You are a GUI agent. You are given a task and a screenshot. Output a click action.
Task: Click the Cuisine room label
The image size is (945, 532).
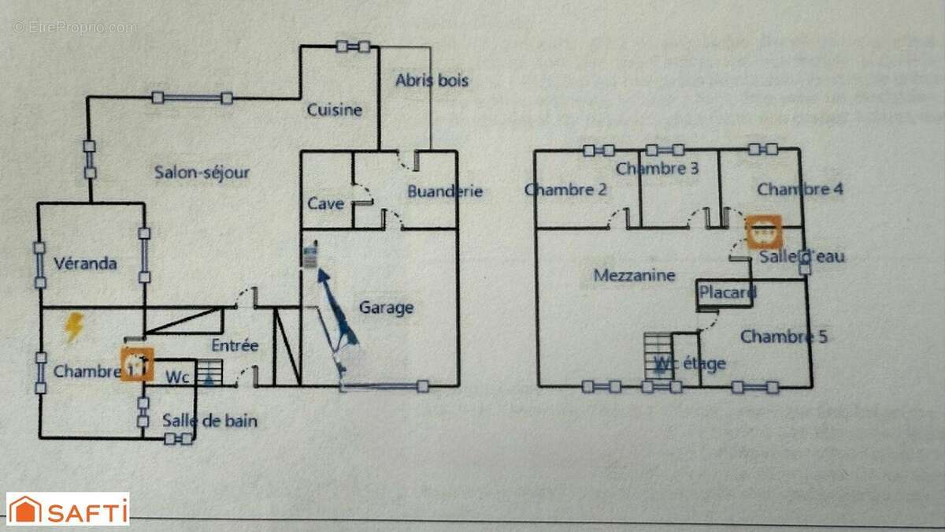coord(335,110)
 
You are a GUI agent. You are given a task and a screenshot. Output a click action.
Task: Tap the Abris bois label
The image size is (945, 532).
coord(432,80)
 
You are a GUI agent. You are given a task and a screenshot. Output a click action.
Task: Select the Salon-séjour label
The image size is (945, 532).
coord(202,173)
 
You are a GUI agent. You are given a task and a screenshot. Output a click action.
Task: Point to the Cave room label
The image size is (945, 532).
coord(325,203)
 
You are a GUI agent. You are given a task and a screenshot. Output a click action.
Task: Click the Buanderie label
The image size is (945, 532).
coord(445,192)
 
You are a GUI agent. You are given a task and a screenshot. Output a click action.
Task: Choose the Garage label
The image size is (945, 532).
coord(386,307)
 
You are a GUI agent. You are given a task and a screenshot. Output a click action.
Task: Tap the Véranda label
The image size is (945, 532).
coord(85,263)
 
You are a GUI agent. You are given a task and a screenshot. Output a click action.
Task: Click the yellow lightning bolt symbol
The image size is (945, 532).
coord(73,326)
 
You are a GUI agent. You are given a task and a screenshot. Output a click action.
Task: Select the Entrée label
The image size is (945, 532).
coord(235,345)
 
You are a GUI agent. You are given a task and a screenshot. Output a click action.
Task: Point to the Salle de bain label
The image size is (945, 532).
coord(209,421)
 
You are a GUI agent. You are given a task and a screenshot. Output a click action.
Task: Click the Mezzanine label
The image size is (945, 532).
coord(635,275)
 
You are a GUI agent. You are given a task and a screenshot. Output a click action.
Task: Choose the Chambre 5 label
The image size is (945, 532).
coord(784,337)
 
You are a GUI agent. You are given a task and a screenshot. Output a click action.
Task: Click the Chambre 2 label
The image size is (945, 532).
coord(565,189)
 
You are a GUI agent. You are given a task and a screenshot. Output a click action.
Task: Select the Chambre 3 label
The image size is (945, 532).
coord(657,168)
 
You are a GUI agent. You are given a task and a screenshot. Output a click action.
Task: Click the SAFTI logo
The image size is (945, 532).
coord(68,509)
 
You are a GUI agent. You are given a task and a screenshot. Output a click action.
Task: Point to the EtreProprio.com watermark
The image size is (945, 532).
coord(74,27)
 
